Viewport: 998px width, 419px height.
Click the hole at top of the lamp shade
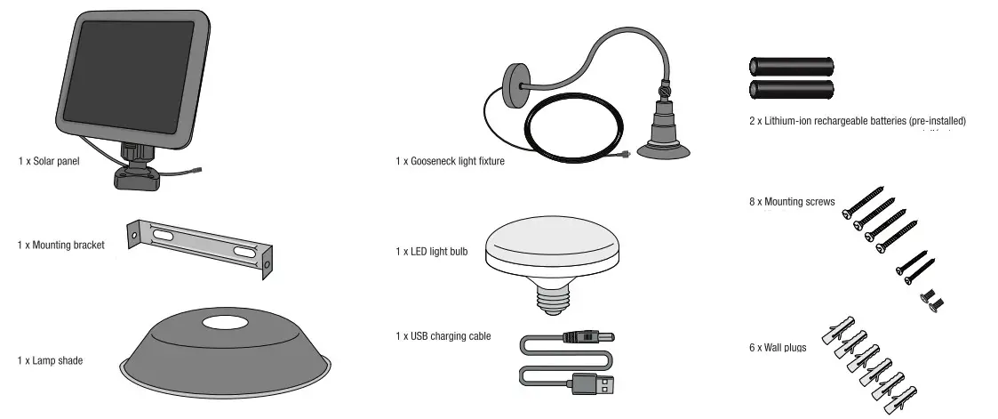[224, 323]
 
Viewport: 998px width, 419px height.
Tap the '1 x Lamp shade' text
[50, 360]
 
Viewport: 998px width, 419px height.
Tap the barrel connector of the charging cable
[591, 338]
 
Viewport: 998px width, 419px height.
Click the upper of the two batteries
[792, 67]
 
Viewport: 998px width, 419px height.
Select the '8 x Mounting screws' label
[792, 202]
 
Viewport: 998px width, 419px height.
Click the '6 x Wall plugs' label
[778, 347]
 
